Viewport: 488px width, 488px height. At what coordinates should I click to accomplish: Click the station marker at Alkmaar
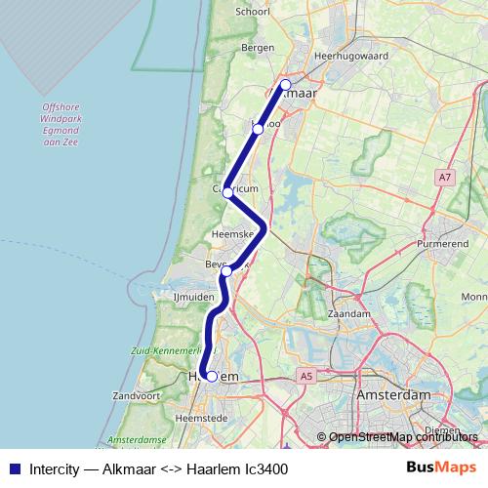285,85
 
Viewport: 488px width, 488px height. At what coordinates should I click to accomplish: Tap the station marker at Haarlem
211,376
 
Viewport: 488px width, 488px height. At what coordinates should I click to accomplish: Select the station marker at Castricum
227,192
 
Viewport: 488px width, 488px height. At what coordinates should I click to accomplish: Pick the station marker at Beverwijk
226,271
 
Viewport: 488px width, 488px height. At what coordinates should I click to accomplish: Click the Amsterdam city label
393,395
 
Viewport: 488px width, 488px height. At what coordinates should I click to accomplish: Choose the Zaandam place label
349,315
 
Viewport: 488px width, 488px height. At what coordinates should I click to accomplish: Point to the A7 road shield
445,177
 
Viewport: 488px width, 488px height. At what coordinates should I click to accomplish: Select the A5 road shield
307,375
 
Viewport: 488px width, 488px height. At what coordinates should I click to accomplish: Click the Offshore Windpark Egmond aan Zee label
66,125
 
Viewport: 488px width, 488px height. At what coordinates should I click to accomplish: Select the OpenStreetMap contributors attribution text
403,436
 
